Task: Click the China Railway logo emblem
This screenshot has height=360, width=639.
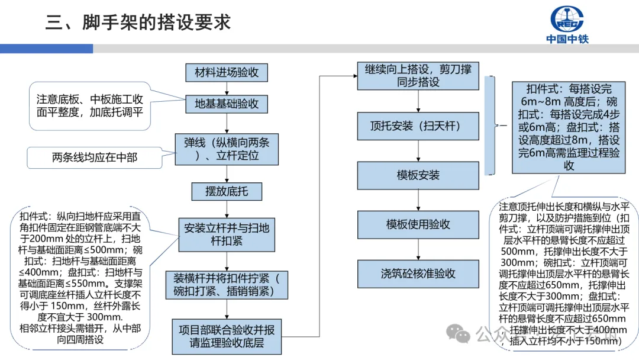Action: [567, 19]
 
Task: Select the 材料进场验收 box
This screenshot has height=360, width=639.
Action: [227, 73]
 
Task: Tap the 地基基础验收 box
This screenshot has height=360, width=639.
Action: [227, 104]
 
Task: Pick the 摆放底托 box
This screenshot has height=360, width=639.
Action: [227, 192]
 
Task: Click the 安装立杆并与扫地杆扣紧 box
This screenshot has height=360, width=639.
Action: [227, 234]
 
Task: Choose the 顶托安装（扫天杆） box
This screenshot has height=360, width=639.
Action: [418, 126]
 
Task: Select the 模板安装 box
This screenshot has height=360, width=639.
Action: [418, 175]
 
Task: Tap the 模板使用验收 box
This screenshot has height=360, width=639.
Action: [418, 224]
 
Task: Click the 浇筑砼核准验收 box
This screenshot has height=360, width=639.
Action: [418, 274]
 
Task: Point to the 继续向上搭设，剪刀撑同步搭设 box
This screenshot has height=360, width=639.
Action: [418, 76]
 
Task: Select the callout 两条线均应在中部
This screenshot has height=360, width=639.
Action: [95, 157]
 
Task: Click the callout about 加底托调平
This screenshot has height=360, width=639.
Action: [90, 104]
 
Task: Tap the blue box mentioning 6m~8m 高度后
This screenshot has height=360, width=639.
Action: [569, 128]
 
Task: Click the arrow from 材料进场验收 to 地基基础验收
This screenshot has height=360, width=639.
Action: [227, 88]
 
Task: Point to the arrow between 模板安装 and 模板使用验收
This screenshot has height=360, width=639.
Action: [418, 200]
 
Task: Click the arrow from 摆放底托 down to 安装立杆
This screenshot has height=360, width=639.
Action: [227, 210]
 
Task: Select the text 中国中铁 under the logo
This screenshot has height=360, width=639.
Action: [567, 40]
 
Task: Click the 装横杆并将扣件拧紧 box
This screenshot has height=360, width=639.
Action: [227, 285]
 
